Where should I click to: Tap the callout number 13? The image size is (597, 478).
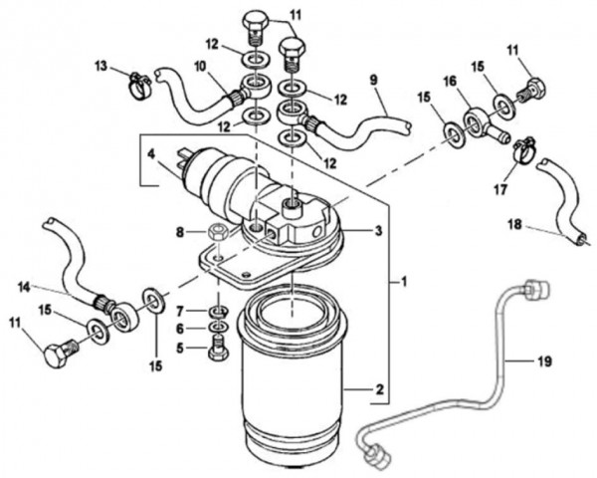click(x=101, y=66)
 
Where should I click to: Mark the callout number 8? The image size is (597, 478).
click(x=179, y=234)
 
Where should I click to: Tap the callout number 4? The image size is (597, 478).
click(x=151, y=155)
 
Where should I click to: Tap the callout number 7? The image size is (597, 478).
click(x=180, y=312)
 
